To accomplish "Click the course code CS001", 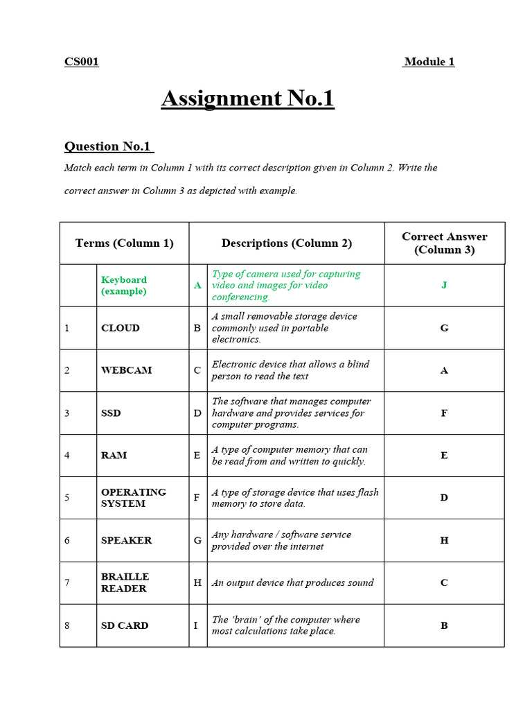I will tap(82, 62).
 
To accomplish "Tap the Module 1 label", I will tap(429, 62).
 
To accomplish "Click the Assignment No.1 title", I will tap(248, 98).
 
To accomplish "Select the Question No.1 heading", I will tap(108, 146).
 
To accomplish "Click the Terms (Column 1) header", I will tap(125, 243).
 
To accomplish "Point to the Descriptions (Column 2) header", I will tap(287, 243).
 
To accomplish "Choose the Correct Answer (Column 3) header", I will tap(445, 243).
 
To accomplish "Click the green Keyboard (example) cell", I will tap(124, 286).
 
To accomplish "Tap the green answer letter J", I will tap(444, 285).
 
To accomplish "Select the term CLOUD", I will tap(121, 328).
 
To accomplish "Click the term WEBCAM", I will tap(126, 370).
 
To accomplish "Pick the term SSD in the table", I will tap(111, 413).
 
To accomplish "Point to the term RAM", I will tap(114, 456).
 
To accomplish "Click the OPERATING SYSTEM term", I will tap(134, 498).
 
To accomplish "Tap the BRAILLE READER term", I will tap(125, 582).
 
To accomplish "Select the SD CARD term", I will tap(125, 625).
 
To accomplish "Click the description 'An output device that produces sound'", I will tap(292, 583).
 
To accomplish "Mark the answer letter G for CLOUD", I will tap(444, 328).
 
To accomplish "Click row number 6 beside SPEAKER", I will tap(67, 540).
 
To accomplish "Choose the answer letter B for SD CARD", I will tap(444, 625).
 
